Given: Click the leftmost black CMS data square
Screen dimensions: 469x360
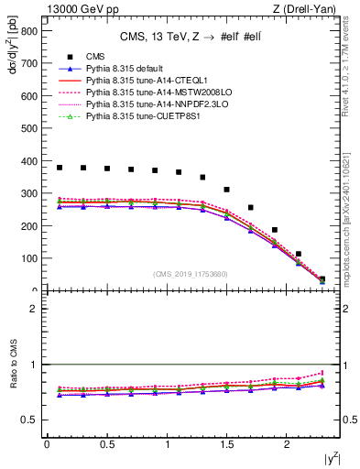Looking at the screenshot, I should pos(60,168).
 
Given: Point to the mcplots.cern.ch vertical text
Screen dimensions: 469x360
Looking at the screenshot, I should pos(352,229).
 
